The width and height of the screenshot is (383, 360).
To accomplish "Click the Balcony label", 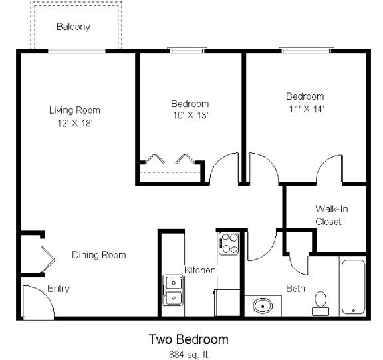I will pos(73,27).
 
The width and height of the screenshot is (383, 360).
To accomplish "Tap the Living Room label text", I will pos(74,110).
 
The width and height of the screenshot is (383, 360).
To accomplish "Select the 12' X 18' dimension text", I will pos(74,123).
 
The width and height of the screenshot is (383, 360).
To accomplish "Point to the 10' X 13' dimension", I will pos(190,116).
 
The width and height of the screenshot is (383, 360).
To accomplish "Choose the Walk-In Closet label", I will pos(331,215).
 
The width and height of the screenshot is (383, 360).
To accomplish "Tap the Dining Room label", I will pos(98,255).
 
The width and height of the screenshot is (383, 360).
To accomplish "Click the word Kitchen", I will pos(199,270).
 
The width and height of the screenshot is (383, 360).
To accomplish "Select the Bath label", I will pos(295,289).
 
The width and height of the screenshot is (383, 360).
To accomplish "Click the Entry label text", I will pos(58,289).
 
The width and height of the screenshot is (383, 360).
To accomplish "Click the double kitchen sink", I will pos(173,290).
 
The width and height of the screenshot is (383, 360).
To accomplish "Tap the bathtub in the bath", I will pos(352,287).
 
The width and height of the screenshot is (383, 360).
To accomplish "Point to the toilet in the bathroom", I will pos(321,303).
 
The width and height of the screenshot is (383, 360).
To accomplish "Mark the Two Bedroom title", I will pos(188,339).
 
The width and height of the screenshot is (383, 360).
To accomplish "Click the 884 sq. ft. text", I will pos(188,353).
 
